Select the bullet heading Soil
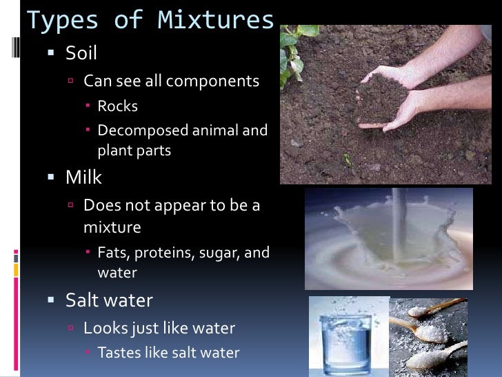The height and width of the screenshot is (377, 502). point(81,52)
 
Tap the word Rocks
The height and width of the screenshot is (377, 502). point(118,106)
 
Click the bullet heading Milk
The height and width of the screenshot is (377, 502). point(83,177)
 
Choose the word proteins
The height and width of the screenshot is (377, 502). point(163,253)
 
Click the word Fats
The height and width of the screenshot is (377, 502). point(113,253)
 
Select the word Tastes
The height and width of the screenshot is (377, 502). point(120,353)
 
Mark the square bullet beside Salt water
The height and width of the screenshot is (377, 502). point(50,301)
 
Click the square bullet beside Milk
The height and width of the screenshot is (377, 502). point(50,178)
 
